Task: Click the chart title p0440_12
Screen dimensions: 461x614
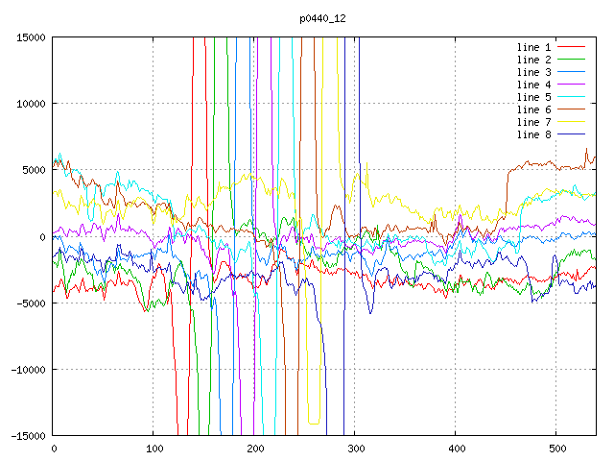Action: click(x=322, y=18)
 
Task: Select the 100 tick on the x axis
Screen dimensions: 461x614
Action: click(x=153, y=449)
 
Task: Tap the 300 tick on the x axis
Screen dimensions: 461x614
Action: click(x=355, y=449)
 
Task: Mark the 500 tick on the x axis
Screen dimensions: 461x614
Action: click(x=556, y=449)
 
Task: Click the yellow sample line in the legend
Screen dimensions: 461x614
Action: click(x=572, y=122)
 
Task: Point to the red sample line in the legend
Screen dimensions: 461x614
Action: click(x=572, y=47)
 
